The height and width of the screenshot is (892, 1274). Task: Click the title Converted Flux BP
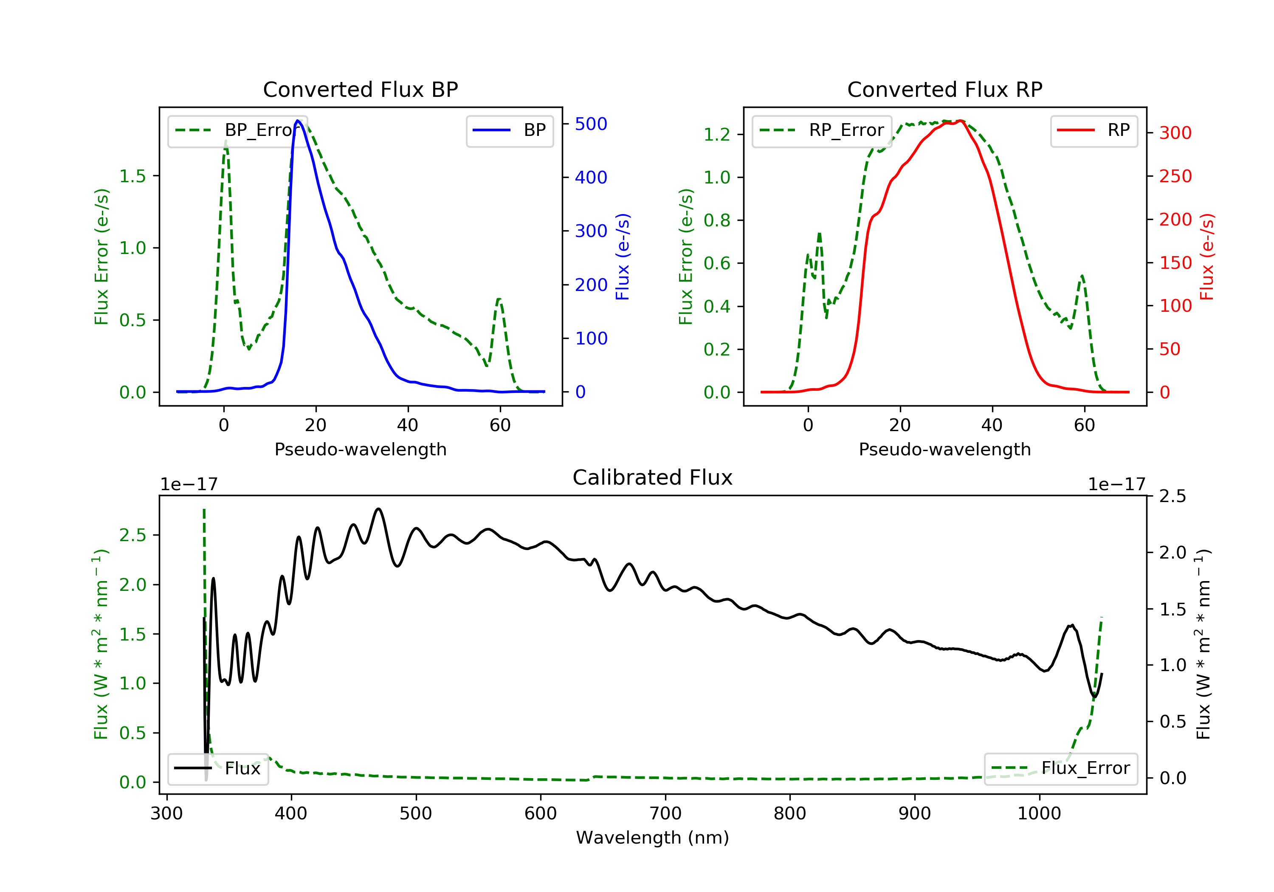(360, 89)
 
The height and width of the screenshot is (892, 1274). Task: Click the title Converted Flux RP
(944, 89)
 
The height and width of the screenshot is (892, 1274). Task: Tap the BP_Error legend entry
(237, 130)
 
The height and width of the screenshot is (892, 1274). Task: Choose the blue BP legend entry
(509, 130)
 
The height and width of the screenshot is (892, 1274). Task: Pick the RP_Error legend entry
(822, 130)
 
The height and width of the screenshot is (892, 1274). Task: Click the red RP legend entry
(1094, 130)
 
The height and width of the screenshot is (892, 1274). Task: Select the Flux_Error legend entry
(1060, 768)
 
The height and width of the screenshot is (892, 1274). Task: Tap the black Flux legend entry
(217, 768)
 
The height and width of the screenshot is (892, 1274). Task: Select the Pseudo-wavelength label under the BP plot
(360, 449)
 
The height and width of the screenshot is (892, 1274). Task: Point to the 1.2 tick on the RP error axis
(717, 134)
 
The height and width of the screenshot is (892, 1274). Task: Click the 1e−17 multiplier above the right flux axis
(1116, 485)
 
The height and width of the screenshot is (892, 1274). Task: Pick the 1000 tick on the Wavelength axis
(1039, 813)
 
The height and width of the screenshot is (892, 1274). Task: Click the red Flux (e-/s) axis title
(1207, 257)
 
